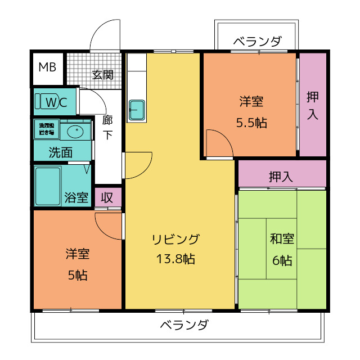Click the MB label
[47, 67]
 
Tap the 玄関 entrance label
[103, 74]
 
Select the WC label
[55, 102]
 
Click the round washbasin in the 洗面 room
[74, 132]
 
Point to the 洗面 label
[60, 152]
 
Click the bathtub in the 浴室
[47, 185]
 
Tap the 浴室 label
[76, 197]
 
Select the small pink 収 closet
[107, 197]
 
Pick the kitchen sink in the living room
[137, 110]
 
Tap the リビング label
[175, 240]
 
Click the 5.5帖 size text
[251, 123]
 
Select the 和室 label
[282, 239]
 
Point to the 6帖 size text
[282, 260]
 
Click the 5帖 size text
[77, 276]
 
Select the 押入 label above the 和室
[281, 177]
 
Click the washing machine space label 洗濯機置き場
[47, 129]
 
